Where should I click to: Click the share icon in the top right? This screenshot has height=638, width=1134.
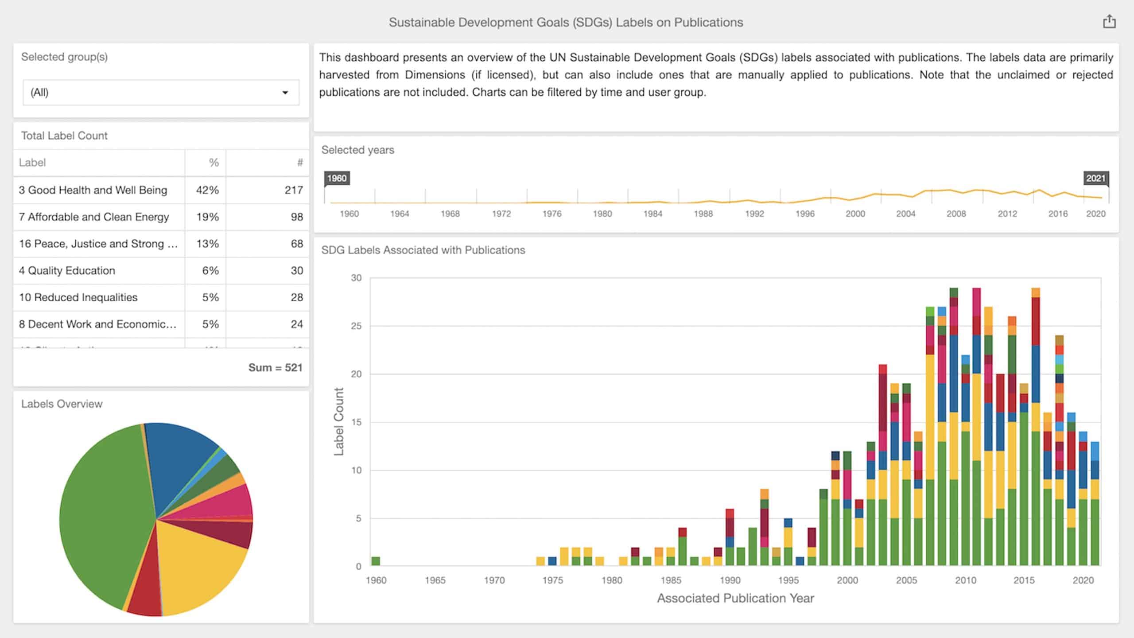[1109, 21]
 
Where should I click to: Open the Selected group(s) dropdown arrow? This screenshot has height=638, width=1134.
[285, 93]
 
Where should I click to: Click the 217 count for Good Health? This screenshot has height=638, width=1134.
[293, 190]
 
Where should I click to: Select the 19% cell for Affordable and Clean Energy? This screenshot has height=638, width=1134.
[207, 217]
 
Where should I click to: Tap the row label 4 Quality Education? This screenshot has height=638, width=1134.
[67, 271]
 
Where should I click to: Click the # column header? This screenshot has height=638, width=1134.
[300, 163]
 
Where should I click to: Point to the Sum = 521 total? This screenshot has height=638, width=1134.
[275, 367]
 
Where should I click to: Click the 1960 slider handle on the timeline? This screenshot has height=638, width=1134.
[337, 179]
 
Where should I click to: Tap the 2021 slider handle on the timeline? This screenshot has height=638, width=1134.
[1095, 179]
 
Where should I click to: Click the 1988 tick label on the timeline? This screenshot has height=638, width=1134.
[703, 214]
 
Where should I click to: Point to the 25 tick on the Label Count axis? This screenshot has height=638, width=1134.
[356, 326]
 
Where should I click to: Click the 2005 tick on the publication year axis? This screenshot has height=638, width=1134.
[906, 580]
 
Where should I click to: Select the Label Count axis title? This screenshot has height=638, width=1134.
[339, 421]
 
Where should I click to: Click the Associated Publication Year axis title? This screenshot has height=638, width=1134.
[735, 599]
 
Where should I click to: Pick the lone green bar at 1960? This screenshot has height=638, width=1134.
[376, 561]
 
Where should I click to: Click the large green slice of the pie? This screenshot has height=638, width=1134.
[102, 518]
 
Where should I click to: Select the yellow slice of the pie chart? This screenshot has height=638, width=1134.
[199, 572]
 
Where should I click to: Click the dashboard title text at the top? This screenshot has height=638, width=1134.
[566, 23]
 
